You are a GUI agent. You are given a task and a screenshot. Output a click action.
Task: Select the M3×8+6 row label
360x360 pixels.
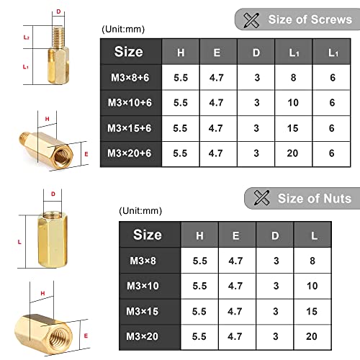coord(130,79)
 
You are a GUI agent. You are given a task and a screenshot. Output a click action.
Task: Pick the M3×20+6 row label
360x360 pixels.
coord(130,152)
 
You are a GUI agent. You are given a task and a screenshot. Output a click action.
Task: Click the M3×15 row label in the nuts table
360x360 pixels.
coord(148,310)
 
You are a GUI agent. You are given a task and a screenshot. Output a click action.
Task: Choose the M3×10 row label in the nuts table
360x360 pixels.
coord(148,285)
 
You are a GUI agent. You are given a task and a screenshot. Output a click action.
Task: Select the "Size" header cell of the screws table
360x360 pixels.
coord(129,52)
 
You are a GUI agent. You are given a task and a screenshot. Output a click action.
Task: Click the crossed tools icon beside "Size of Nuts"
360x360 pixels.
coord(258,199)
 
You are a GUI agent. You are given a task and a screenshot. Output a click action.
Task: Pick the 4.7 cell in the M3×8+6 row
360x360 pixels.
coord(217,79)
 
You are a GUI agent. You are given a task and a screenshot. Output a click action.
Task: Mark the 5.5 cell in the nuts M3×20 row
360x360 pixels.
coord(199,336)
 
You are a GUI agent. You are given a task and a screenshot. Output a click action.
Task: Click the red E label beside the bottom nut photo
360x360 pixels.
coord(86,336)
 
